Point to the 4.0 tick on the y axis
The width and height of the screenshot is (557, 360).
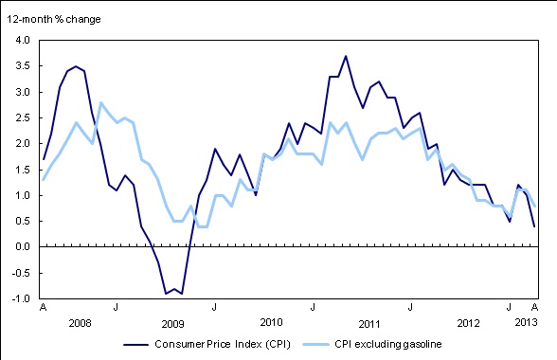click(22, 41)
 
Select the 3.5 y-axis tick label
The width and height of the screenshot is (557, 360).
click(22, 66)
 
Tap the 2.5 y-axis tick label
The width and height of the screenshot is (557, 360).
click(22, 118)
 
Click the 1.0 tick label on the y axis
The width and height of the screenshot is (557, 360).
click(22, 196)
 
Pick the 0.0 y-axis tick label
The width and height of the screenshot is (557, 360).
click(22, 247)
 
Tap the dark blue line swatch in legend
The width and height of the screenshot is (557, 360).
click(142, 345)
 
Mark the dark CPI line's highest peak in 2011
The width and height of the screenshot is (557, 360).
click(346, 56)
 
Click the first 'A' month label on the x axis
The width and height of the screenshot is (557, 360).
click(43, 309)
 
